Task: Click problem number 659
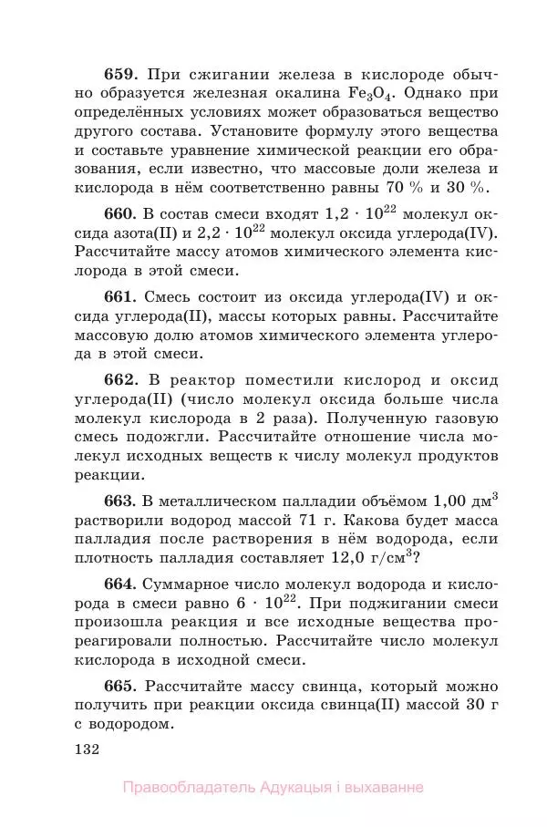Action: click(x=123, y=75)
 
